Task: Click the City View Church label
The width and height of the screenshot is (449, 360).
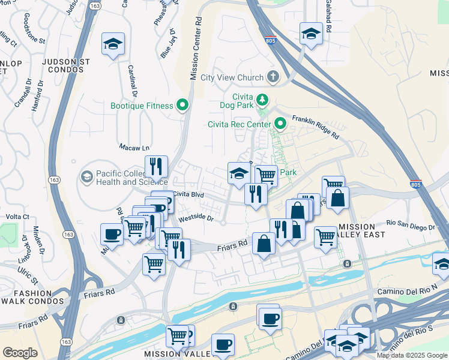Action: point(232,77)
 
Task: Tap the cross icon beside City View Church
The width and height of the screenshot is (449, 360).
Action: point(273,77)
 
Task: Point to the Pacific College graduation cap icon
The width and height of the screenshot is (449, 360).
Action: point(87,176)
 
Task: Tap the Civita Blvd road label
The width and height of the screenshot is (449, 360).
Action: point(189,194)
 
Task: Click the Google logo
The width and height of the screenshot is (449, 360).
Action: point(20,353)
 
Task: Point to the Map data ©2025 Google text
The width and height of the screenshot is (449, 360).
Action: point(411,355)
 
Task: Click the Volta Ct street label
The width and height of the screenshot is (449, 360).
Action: point(17,217)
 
